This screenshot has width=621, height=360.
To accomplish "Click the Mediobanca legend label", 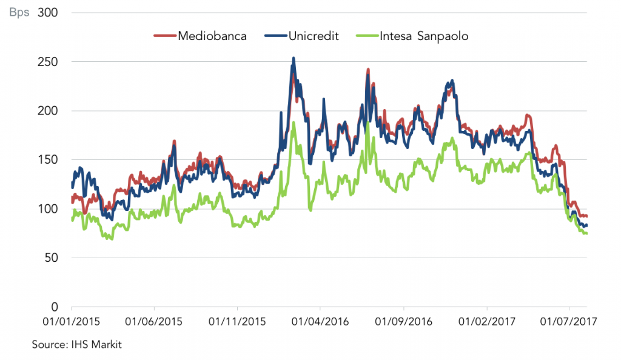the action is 212,36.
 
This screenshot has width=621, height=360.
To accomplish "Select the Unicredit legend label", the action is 314,36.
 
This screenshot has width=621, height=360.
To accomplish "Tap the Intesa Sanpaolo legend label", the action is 424,36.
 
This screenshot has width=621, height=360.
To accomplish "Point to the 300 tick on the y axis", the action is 48,13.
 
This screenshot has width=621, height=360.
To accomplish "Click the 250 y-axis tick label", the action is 48,62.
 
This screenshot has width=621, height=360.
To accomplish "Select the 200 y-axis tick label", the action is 48,111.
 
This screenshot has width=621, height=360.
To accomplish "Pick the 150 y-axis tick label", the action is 48,160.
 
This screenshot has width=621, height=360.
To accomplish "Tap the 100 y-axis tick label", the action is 48,209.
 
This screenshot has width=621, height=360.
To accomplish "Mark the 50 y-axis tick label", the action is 51,258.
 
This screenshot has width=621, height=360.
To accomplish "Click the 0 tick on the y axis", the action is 55,307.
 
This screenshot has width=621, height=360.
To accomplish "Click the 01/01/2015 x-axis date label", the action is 72,321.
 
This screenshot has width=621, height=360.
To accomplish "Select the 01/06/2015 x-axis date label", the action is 154,321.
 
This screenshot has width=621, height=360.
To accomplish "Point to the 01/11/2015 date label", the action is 237,321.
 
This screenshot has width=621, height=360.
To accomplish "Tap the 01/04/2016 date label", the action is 320,321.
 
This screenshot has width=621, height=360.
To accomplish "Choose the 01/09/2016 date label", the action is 403,321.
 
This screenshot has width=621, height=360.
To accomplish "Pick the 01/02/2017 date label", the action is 487,321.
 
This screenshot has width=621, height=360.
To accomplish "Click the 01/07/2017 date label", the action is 569,321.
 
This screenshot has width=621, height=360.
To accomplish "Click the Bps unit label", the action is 19,13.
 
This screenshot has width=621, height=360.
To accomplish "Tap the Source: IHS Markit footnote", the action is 77,344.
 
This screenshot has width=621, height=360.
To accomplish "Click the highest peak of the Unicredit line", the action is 294,58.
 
